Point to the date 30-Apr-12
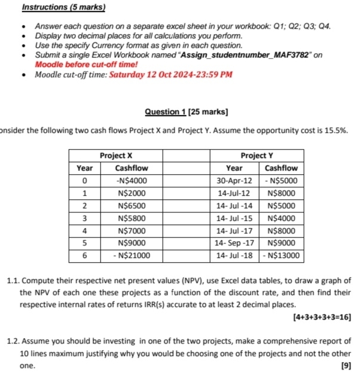(234, 180)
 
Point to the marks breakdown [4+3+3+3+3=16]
(320, 315)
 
